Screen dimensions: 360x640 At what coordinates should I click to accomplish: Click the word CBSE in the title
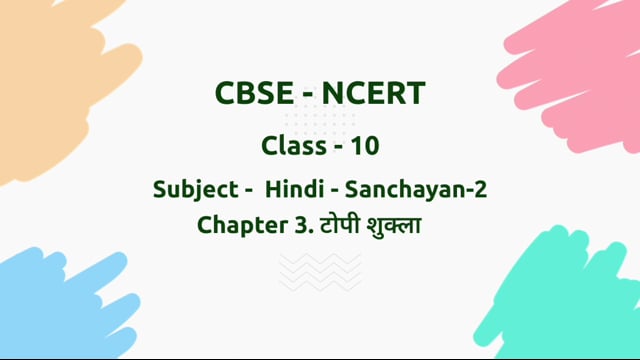(251, 95)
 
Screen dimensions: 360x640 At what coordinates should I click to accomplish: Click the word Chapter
(239, 225)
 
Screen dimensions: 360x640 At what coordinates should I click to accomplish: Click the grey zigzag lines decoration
(319, 271)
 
